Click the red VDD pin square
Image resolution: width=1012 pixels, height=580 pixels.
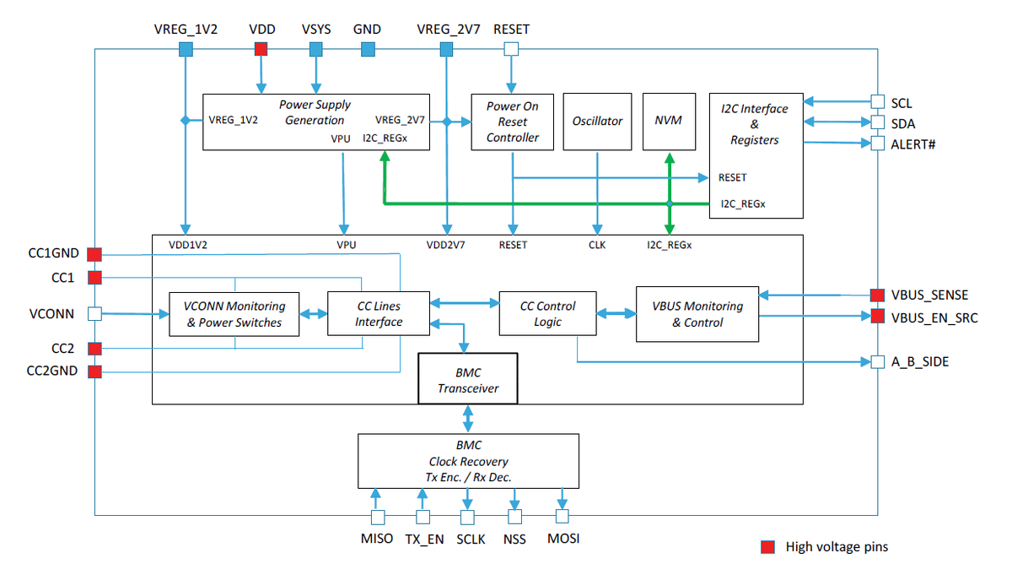pos(261,50)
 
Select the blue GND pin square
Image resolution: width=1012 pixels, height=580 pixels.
pos(368,50)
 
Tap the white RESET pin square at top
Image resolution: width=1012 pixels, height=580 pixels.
pos(510,50)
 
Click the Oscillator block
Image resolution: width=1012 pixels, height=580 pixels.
pos(597,122)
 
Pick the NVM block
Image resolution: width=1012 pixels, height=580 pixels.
pos(669,122)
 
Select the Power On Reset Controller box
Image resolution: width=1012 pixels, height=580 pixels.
pos(512,122)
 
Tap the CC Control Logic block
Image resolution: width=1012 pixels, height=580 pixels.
pos(548,314)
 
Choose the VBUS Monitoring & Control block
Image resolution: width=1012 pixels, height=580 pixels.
pos(697,314)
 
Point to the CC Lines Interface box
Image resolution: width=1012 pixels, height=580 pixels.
pos(379,313)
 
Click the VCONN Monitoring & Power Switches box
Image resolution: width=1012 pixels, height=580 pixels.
pos(234,314)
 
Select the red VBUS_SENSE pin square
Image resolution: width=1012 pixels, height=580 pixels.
pos(877,295)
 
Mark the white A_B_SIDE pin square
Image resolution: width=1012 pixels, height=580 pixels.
pos(877,362)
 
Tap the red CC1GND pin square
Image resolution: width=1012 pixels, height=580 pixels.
pos(94,254)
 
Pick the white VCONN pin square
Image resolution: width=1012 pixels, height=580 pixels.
pos(94,314)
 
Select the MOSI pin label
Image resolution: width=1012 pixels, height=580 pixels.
pos(563,539)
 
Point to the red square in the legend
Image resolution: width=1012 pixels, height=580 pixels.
pos(767,547)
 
